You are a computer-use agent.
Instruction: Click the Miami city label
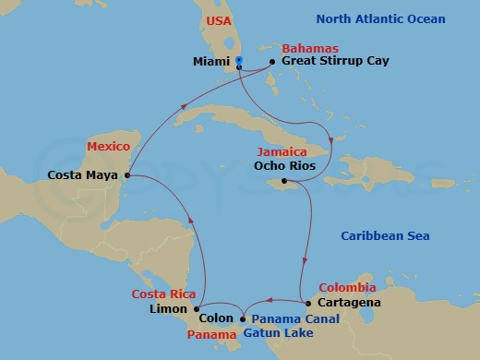(210, 62)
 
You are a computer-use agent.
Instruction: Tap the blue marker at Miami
(238, 62)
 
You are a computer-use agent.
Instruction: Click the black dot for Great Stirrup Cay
(272, 62)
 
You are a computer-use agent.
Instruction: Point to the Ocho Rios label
(282, 168)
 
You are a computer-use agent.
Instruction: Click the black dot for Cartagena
(306, 303)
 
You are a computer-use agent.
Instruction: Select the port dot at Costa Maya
(127, 174)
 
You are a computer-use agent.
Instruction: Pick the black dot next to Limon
(196, 309)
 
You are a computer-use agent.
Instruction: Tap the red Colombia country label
(346, 287)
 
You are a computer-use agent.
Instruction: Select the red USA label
(220, 19)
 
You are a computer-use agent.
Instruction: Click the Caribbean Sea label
(385, 236)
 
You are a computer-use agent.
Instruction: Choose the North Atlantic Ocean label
(380, 19)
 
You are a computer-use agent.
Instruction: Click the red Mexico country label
(107, 146)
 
